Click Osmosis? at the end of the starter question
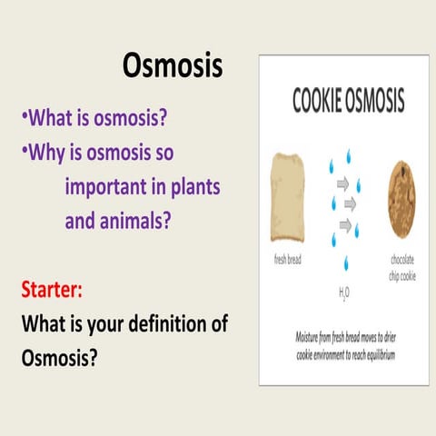point(59,357)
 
